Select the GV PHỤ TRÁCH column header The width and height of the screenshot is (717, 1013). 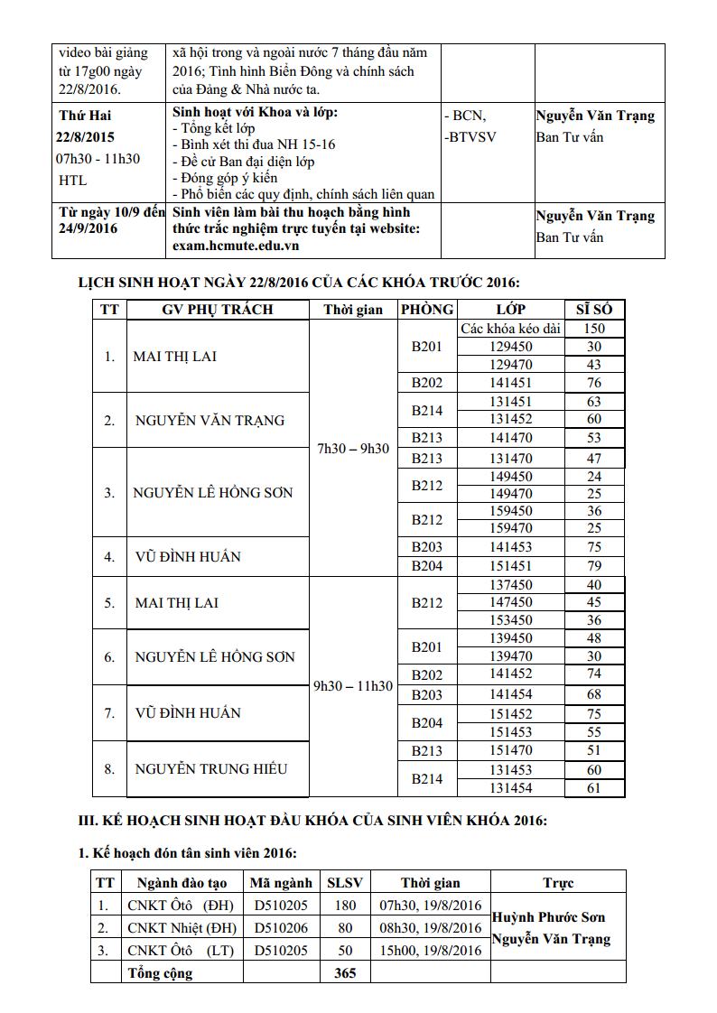pyautogui.click(x=217, y=310)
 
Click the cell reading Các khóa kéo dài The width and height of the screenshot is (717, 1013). pyautogui.click(x=510, y=329)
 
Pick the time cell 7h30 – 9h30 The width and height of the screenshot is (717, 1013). pyautogui.click(x=353, y=449)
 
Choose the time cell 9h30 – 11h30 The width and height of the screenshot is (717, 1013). pyautogui.click(x=353, y=686)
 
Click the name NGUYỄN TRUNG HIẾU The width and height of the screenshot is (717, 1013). pyautogui.click(x=211, y=769)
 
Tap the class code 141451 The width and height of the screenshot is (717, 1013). pyautogui.click(x=510, y=383)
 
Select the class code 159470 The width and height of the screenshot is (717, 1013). pyautogui.click(x=510, y=527)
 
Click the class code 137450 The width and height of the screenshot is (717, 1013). pyautogui.click(x=510, y=585)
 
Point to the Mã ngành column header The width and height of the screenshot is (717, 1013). pyautogui.click(x=281, y=883)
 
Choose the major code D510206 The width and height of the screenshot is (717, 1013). pyautogui.click(x=281, y=928)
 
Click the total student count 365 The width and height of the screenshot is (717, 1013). pyautogui.click(x=345, y=972)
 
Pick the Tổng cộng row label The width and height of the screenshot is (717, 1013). pyautogui.click(x=160, y=972)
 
